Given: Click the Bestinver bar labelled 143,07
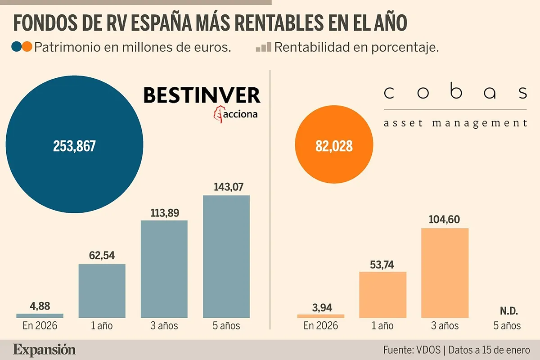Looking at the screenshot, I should (226, 256).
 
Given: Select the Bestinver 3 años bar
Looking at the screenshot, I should (164, 269).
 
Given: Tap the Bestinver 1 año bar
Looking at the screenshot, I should (102, 291).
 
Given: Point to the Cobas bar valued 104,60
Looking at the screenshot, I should (445, 273).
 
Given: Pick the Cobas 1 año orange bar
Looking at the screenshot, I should (382, 295).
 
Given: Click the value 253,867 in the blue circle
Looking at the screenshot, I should (74, 146).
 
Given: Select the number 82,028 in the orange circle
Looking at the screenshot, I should (334, 146).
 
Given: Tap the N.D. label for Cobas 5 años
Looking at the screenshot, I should (509, 310).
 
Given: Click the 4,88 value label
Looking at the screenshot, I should (40, 306).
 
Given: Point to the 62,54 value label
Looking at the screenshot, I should (102, 256).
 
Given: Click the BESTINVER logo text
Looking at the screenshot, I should (202, 95).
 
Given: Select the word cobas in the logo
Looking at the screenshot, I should (455, 93).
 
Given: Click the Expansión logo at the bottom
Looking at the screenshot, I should (44, 350).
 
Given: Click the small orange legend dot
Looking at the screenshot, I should (27, 47).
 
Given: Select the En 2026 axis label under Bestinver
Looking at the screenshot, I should (40, 325).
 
